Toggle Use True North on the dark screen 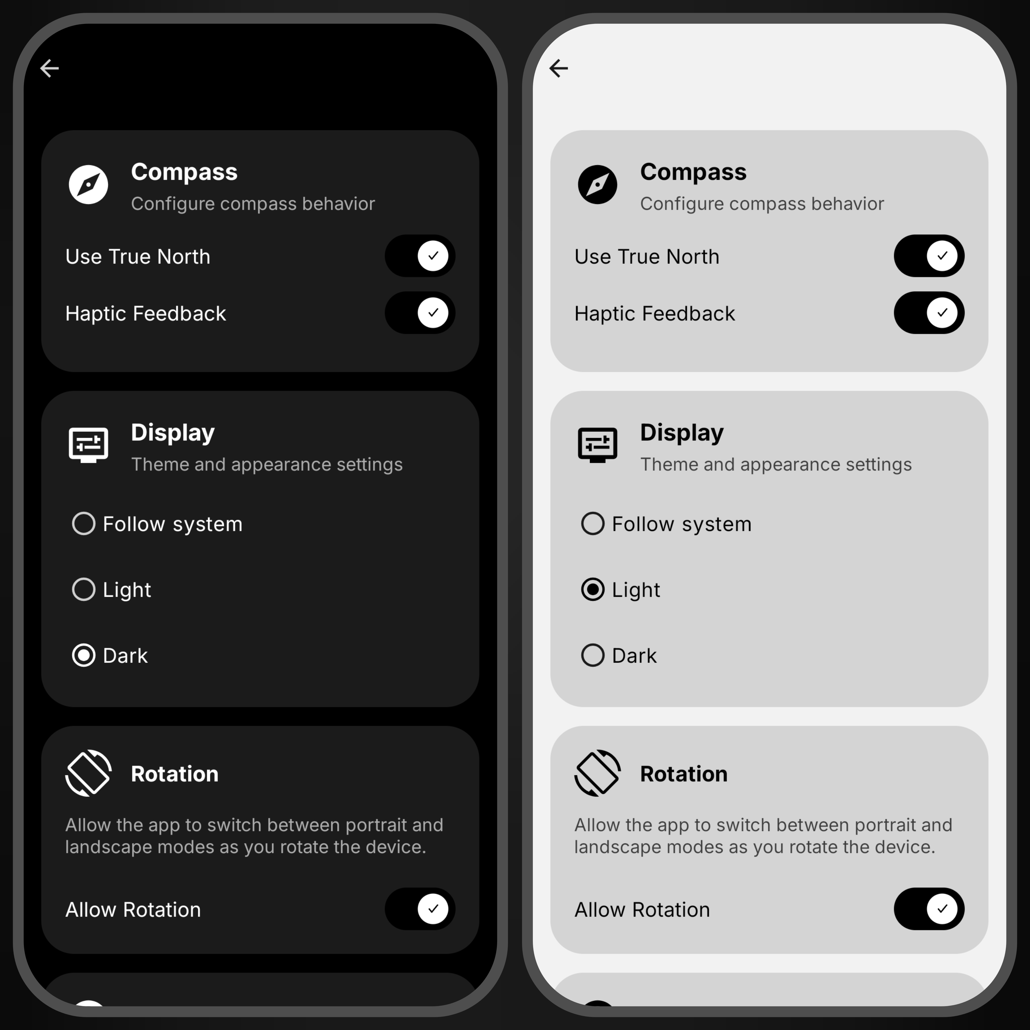420,256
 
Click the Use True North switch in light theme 929,256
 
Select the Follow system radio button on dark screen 84,524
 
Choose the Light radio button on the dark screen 84,590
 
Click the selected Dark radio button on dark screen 84,655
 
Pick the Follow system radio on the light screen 593,524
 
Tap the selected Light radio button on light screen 593,590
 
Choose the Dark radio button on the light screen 593,655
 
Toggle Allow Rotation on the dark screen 420,909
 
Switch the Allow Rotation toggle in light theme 929,909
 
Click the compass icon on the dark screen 89,185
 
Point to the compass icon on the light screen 598,185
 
